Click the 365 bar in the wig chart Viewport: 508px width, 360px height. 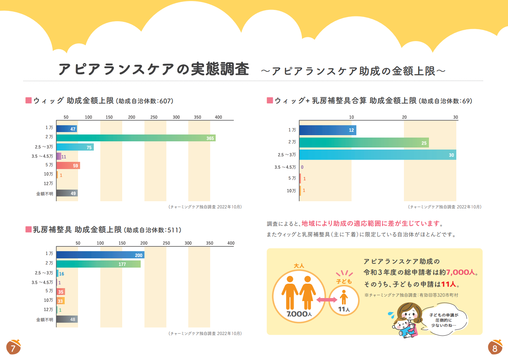point(136,138)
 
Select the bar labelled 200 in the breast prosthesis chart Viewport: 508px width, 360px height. point(100,255)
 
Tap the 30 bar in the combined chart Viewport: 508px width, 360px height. point(378,155)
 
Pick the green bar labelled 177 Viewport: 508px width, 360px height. point(99,264)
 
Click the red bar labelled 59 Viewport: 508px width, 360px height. point(68,166)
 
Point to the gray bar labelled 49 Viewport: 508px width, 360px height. point(67,193)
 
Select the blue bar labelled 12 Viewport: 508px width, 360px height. point(328,130)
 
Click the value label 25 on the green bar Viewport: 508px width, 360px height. point(424,143)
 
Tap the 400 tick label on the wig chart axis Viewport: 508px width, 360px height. point(218,117)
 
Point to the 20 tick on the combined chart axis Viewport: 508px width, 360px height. point(404,117)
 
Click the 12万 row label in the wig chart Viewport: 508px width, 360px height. point(48,184)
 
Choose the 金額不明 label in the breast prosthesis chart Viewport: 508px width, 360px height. point(45,320)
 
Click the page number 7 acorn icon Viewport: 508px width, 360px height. point(13,348)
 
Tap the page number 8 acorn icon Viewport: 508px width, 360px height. point(495,348)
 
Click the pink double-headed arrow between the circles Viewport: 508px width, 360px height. point(327,300)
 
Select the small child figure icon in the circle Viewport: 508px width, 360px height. point(344,297)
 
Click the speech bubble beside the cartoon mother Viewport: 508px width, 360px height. point(444,320)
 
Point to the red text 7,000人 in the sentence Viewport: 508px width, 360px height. point(461,272)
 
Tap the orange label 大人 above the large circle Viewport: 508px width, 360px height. point(299,266)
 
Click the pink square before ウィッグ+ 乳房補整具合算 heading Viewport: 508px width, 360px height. point(270,100)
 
